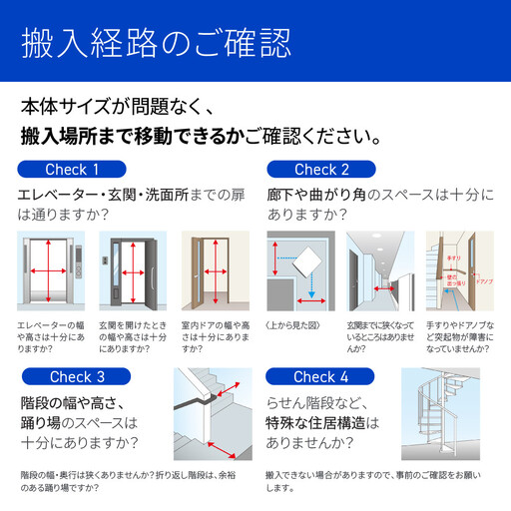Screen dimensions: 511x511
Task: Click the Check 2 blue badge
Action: click(321, 170)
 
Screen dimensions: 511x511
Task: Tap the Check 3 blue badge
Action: click(77, 377)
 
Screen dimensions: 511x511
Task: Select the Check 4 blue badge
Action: click(321, 377)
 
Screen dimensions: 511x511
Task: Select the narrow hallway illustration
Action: click(379, 270)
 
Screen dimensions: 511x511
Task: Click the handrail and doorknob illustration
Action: click(460, 270)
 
